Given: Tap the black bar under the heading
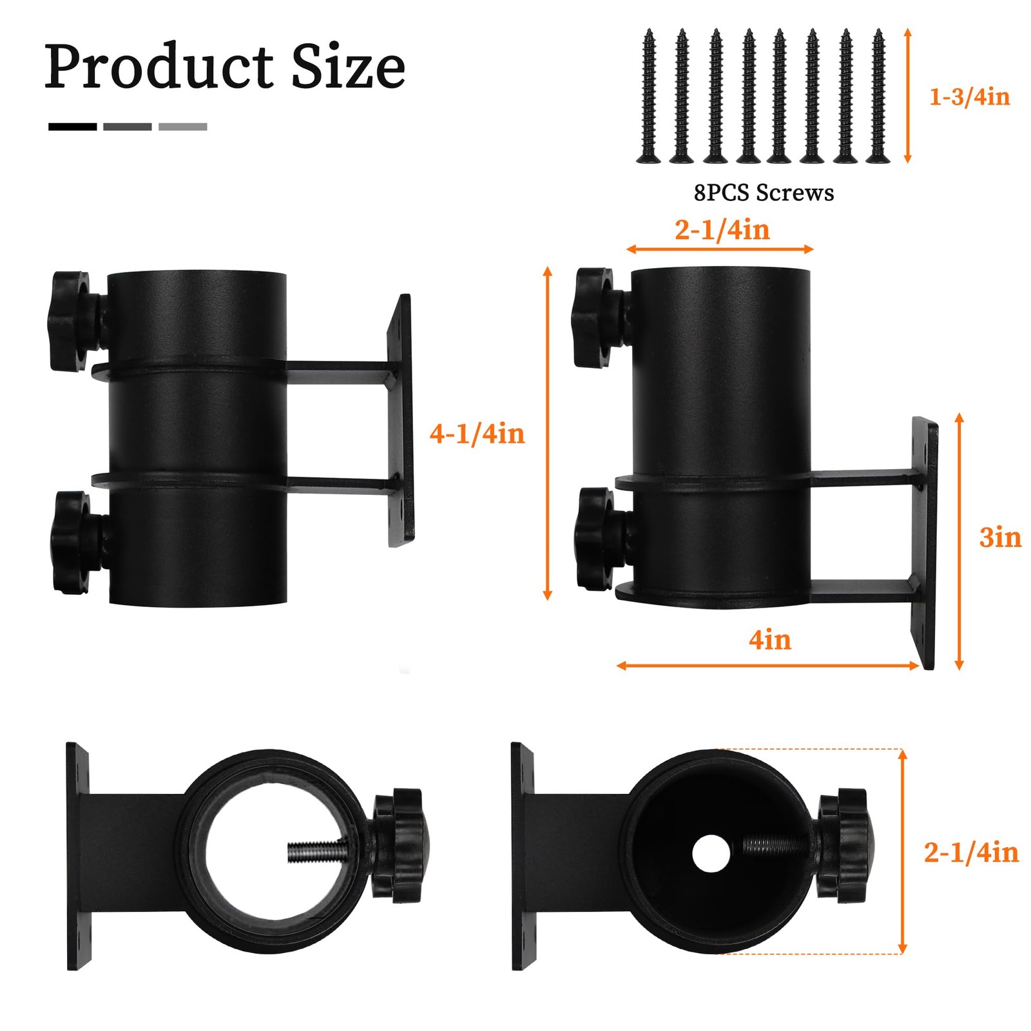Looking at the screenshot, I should pos(72,127).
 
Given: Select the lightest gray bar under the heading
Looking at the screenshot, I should pos(182,127).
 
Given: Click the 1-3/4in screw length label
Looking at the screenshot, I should pos(969,97).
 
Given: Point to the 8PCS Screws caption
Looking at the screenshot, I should pos(764,193).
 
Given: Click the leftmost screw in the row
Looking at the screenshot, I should pos(648,97).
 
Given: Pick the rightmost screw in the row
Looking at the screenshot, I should pos(878,97).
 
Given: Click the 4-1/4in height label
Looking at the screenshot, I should pos(477,434).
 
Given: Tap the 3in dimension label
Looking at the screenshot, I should pos(1000,537).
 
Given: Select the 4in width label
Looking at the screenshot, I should pos(769,640).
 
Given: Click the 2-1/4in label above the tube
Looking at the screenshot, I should pos(722,230).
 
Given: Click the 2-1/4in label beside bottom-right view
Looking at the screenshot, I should pos(971,853).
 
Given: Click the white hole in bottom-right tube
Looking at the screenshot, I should pos(711,854).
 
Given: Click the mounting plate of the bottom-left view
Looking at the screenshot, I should pos(77,856).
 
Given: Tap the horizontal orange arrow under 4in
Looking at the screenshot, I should pos(767,666).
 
